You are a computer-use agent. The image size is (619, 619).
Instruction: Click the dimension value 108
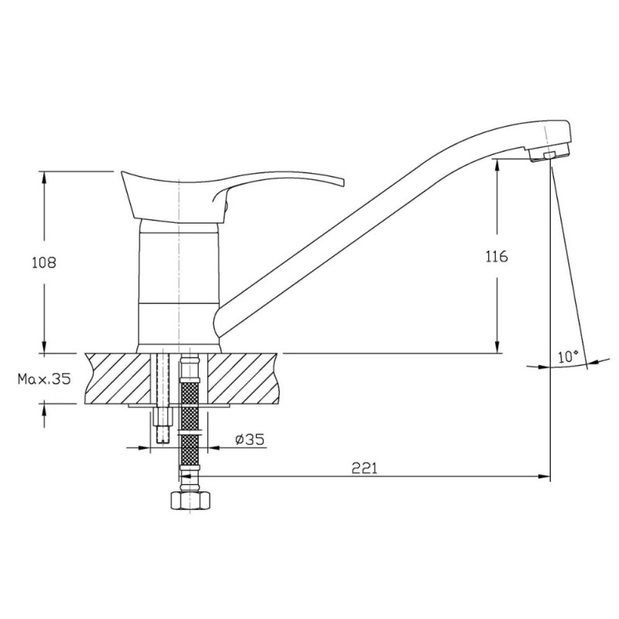pos(44,262)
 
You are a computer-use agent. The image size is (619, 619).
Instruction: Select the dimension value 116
pos(497,257)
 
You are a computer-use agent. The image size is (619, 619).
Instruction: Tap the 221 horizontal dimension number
pos(364,468)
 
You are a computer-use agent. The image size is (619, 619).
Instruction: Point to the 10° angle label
pos(568,357)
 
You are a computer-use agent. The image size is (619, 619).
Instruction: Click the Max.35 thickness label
pos(44,379)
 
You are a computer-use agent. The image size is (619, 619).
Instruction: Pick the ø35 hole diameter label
pos(249,439)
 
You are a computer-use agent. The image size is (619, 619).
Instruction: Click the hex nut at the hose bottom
pos(190,501)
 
